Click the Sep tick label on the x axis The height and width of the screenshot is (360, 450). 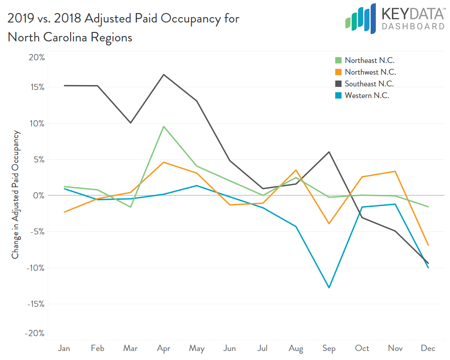(329, 348)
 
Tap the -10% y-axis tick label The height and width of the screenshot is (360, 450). (36, 268)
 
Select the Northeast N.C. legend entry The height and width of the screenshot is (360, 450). (369, 60)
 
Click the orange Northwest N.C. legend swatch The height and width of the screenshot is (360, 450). (338, 72)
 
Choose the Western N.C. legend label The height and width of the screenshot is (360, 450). (367, 95)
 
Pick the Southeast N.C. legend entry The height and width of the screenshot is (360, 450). (369, 84)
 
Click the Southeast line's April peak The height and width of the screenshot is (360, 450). (164, 74)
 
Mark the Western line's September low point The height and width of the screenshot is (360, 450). (329, 288)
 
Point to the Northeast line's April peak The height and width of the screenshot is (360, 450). (164, 126)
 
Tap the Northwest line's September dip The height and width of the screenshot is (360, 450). (329, 224)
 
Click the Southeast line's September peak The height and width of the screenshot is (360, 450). (329, 152)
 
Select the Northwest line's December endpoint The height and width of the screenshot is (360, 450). (428, 245)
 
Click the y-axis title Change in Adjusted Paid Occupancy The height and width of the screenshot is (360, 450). (16, 195)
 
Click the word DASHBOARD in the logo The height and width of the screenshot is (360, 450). (413, 27)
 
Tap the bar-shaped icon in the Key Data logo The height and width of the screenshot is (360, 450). (360, 19)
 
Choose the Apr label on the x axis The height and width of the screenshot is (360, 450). (164, 348)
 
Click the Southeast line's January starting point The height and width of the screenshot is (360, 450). (64, 85)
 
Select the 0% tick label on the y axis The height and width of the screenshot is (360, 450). (39, 195)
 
